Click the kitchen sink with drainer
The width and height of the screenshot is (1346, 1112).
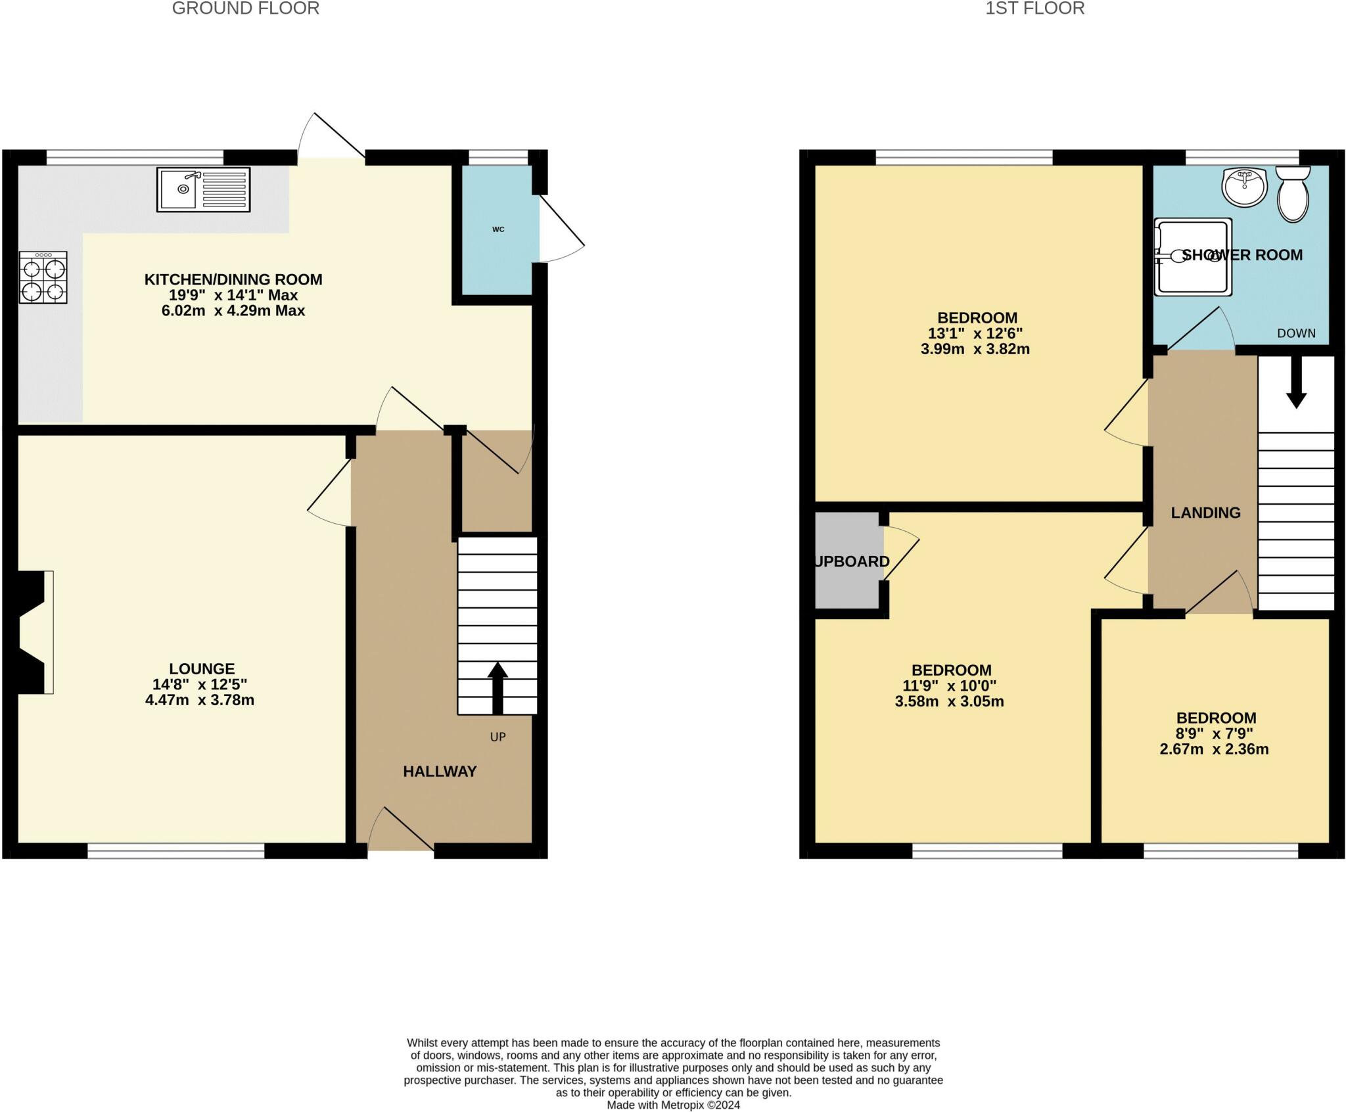(203, 190)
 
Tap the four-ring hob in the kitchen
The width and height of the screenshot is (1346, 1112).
(43, 278)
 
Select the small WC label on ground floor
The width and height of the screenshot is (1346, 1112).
(498, 229)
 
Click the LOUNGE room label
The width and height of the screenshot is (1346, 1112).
(202, 668)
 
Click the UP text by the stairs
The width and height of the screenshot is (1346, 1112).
(498, 737)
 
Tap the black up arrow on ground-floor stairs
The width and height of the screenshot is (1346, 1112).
(498, 687)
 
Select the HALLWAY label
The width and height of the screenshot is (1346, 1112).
(440, 772)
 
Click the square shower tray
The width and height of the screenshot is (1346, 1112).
(1194, 256)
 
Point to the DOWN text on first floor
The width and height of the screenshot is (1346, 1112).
(1296, 333)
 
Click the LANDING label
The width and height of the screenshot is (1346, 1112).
(1205, 513)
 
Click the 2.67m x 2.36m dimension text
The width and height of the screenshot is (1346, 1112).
(1214, 749)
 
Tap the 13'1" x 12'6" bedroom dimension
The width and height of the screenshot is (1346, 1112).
(977, 333)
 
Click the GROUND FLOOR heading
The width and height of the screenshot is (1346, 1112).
(246, 9)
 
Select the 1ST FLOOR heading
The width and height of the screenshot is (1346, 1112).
(1034, 9)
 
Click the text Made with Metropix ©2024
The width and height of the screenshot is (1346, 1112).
(673, 1105)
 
